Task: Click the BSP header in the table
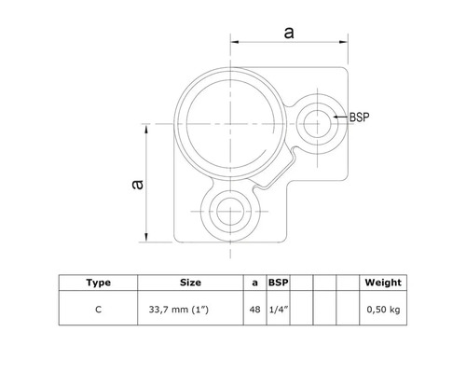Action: [278, 281]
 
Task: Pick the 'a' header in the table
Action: [254, 281]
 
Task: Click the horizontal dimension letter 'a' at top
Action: [288, 33]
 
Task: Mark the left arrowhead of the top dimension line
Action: [233, 43]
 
